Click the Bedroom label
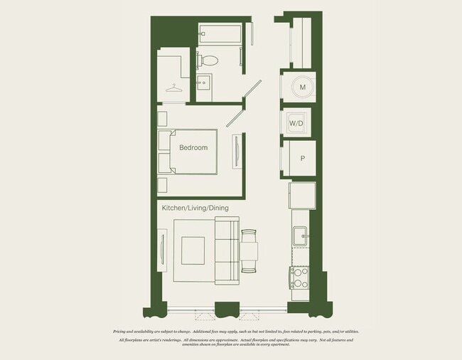point(193,148)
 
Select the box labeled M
point(302,87)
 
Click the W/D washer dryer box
point(296,123)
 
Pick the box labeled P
point(302,159)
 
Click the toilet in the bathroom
point(210,60)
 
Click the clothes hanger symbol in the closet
point(174,88)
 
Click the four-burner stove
point(299,276)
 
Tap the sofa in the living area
point(227,251)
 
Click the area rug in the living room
point(193,251)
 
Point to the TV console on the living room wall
point(162,251)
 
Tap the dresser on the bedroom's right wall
point(236,152)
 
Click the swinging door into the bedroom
point(235,117)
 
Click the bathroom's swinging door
point(250,89)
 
